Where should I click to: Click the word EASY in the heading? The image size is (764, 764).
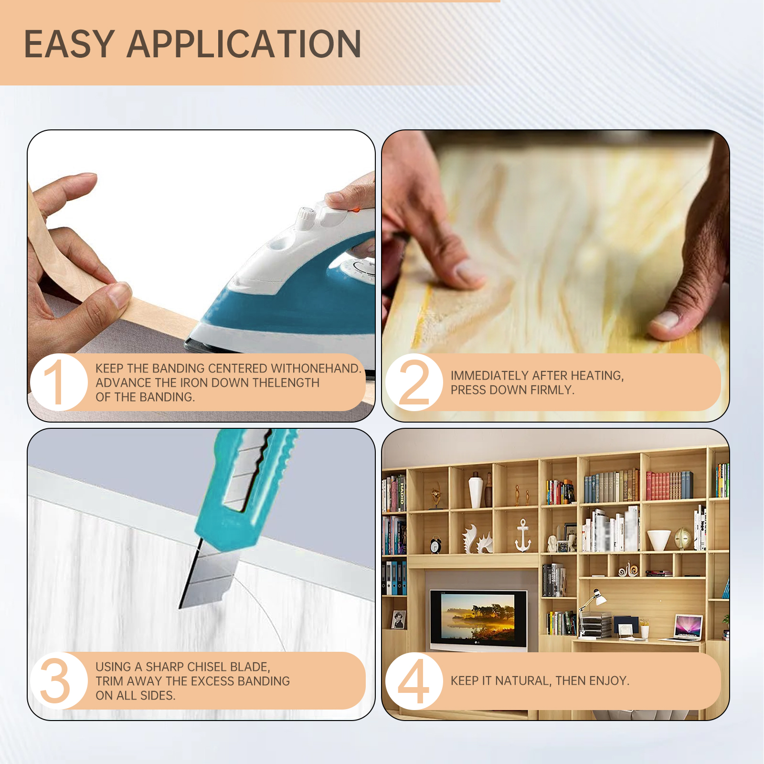point(69,44)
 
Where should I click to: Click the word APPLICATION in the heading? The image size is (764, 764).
point(244,44)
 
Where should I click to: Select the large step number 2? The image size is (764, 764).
point(414,382)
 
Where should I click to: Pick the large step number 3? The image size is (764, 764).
point(55,681)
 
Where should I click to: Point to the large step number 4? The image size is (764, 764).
point(413,681)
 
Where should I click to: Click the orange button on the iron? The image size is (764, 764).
point(356,208)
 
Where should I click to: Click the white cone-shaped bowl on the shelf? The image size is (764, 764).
point(658,539)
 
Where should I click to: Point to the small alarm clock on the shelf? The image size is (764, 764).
point(435,546)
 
